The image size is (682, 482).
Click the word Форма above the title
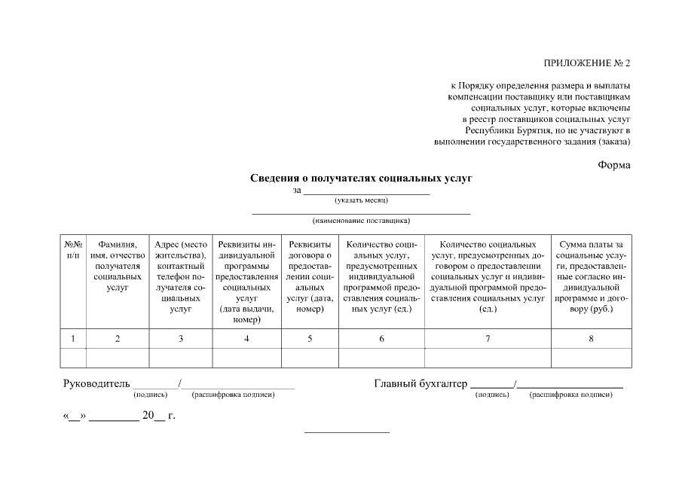point(614,165)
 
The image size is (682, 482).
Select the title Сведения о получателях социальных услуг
point(361,178)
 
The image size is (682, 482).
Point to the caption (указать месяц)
point(361,200)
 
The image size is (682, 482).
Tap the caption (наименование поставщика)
point(361,221)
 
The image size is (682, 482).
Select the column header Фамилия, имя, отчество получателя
point(118,266)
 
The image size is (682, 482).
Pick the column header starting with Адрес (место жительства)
point(181,276)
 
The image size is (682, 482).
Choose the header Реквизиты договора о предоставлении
point(310,276)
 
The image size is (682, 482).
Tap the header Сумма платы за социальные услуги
point(591,276)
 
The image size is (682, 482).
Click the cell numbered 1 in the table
point(73,339)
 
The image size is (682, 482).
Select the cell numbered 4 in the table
point(246,339)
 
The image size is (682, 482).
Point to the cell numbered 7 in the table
point(488,339)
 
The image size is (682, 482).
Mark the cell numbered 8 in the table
point(591,339)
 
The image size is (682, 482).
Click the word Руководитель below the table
point(96,384)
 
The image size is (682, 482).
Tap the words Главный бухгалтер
point(421,384)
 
